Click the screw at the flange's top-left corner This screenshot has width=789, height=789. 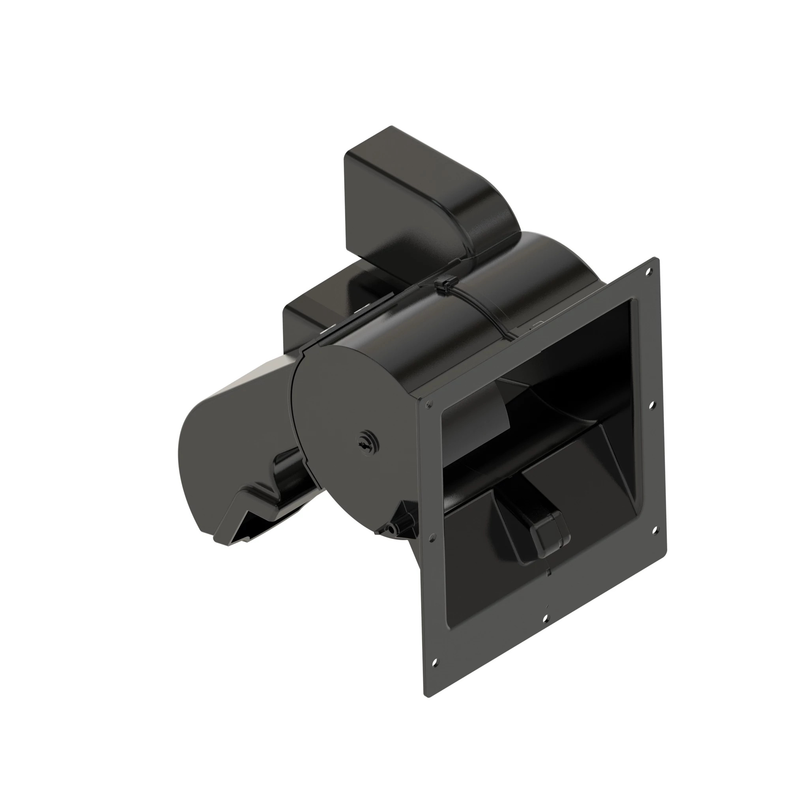click(428, 405)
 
